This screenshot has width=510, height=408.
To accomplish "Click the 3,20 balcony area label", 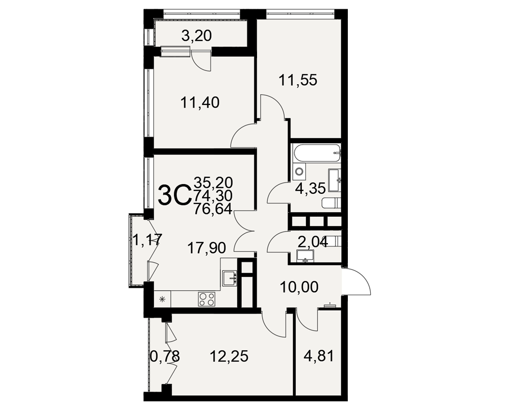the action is [x=196, y=35].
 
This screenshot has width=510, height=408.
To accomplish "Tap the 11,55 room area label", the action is [x=298, y=80].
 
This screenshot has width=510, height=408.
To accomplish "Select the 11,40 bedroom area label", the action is [x=200, y=103].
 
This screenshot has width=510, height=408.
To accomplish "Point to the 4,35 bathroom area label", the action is [x=310, y=188].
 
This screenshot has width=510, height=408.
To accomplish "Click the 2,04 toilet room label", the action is [x=313, y=241].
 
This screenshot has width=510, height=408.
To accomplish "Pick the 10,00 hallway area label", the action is [x=299, y=287].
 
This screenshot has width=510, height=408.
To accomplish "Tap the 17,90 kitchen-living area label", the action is [x=207, y=248].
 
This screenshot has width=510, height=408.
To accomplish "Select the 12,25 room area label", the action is [x=229, y=356].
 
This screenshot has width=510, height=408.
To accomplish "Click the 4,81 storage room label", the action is [x=319, y=356].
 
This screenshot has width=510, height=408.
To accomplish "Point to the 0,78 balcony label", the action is [x=165, y=356].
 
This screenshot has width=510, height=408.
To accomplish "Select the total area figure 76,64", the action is [x=213, y=209].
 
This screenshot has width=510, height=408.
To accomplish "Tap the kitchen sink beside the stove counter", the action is [x=229, y=278].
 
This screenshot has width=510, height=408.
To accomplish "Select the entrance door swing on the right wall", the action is [x=356, y=281].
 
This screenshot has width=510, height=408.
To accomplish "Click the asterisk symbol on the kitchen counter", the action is [x=162, y=299].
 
